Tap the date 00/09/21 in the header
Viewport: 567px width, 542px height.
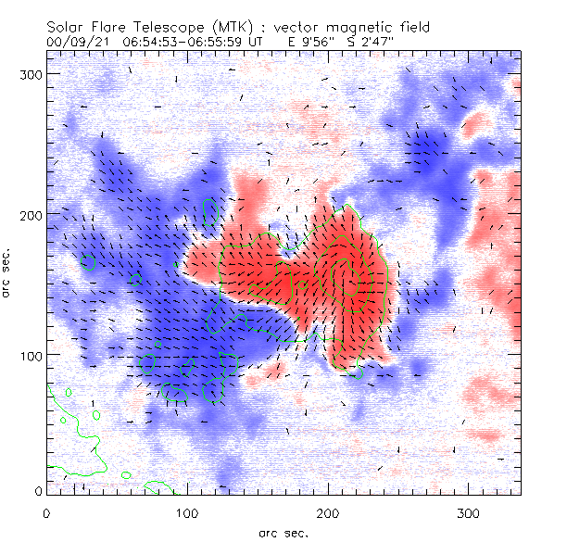(x=71, y=43)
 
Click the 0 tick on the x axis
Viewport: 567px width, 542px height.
(x=46, y=512)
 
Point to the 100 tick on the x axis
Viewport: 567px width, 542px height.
(x=187, y=512)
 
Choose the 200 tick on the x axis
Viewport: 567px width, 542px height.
(x=328, y=512)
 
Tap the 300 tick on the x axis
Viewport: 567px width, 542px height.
(x=469, y=512)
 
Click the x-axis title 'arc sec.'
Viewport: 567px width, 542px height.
(x=283, y=532)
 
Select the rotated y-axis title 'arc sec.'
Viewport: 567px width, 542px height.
(x=6, y=273)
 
